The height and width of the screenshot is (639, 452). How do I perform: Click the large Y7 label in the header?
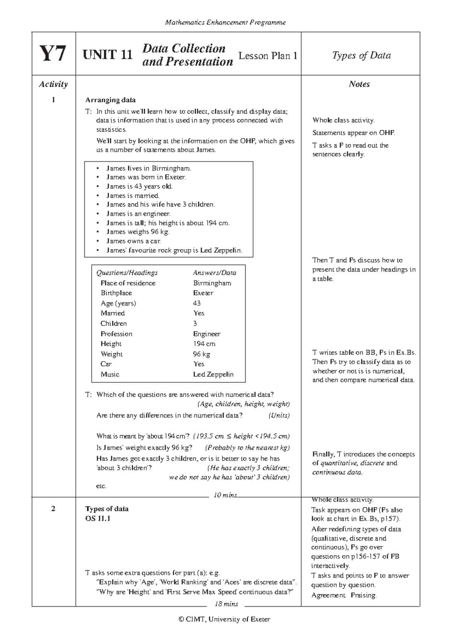(x=53, y=54)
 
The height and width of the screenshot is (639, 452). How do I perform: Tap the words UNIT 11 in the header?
(x=108, y=55)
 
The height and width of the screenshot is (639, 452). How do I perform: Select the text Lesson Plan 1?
(x=268, y=56)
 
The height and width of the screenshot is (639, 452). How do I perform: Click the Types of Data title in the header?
(x=361, y=55)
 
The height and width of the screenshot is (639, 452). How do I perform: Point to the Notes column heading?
(x=359, y=84)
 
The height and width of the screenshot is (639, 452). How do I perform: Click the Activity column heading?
(x=53, y=84)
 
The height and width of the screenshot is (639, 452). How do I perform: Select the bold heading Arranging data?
(x=110, y=100)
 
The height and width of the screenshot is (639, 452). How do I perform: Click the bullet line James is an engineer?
(x=138, y=214)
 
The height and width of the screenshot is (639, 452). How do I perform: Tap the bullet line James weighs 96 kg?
(x=138, y=232)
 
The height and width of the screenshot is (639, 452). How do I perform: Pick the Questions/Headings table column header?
(x=127, y=272)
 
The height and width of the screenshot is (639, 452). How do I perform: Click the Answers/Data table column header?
(x=214, y=272)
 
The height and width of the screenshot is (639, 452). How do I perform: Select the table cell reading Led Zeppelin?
(x=213, y=374)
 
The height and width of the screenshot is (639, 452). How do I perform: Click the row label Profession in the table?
(x=116, y=334)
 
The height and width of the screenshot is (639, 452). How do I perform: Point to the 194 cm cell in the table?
(x=204, y=344)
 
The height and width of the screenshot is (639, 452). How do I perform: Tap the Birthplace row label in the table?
(x=116, y=293)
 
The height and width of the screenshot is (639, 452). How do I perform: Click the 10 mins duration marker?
(x=225, y=495)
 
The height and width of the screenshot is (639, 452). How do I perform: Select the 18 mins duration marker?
(x=226, y=604)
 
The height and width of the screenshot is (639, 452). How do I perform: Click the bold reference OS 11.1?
(x=98, y=519)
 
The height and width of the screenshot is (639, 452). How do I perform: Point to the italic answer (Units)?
(x=279, y=415)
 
